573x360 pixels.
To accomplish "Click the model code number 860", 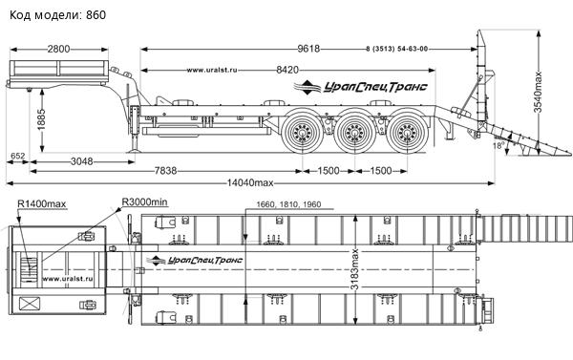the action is point(95,15).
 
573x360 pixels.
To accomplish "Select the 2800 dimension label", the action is point(58,49).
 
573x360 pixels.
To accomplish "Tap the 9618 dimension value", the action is point(308,49).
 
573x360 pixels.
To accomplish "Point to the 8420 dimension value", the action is point(287,70).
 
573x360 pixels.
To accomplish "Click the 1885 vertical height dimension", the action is point(41,119).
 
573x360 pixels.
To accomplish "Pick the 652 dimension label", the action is point(17,156).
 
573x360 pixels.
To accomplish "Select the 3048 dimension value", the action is point(81,161).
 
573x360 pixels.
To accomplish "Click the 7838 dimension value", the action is point(165,171).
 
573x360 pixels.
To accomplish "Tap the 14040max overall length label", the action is point(250,182).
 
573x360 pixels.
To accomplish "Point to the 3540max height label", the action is point(538,92).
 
